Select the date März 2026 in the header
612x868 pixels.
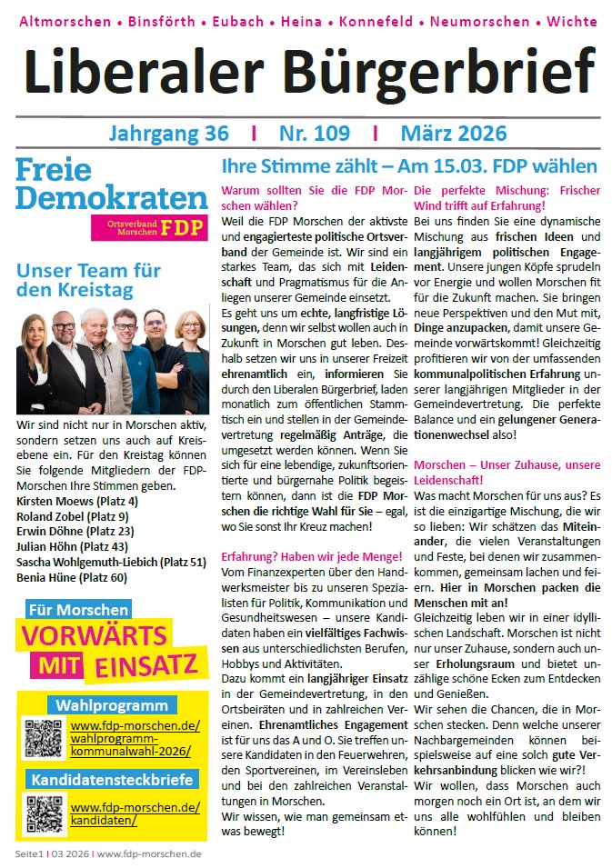[453, 134]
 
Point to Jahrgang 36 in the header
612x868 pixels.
[168, 134]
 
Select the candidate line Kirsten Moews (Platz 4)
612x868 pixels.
[77, 501]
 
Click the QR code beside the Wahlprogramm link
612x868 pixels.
[42, 738]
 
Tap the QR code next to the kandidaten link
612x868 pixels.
[42, 813]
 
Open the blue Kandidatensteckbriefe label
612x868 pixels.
[112, 780]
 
